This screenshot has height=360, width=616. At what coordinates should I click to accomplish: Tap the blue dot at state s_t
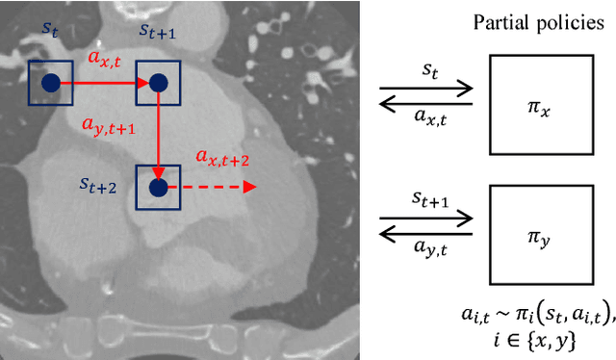tap(48, 84)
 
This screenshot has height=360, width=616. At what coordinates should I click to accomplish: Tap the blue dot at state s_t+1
tap(158, 84)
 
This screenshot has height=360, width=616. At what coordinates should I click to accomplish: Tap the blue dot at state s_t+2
tap(158, 186)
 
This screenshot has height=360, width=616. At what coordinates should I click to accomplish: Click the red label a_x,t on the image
tap(104, 60)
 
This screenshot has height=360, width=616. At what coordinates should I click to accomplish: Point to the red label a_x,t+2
tap(221, 157)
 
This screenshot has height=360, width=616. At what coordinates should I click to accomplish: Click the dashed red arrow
tap(217, 187)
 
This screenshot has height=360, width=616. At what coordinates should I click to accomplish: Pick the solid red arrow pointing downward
tap(158, 135)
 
